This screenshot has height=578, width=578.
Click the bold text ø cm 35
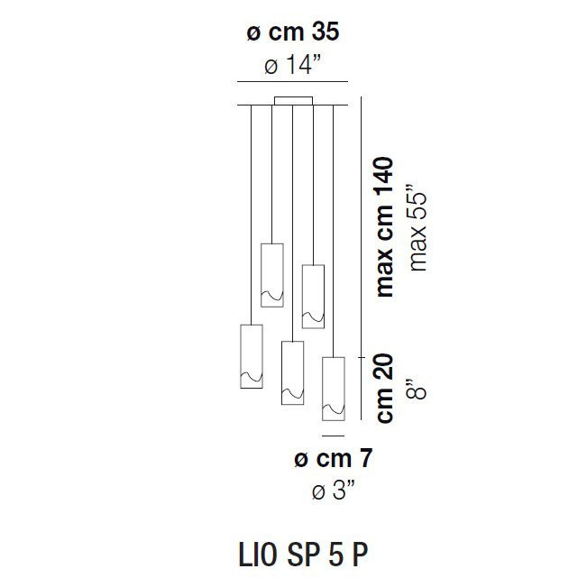pyautogui.click(x=293, y=32)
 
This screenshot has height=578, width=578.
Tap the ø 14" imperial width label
pyautogui.click(x=293, y=64)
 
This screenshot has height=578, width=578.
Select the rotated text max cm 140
pyautogui.click(x=384, y=226)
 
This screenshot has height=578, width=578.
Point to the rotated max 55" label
pyautogui.click(x=417, y=226)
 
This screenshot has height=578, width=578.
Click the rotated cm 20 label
pyautogui.click(x=385, y=389)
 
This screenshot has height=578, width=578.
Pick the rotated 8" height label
pyautogui.click(x=417, y=389)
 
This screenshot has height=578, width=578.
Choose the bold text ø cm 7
pyautogui.click(x=334, y=459)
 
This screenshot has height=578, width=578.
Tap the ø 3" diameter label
pyautogui.click(x=334, y=491)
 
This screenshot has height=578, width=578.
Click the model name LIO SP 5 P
pyautogui.click(x=303, y=554)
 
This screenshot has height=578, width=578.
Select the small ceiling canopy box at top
pyautogui.click(x=293, y=101)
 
